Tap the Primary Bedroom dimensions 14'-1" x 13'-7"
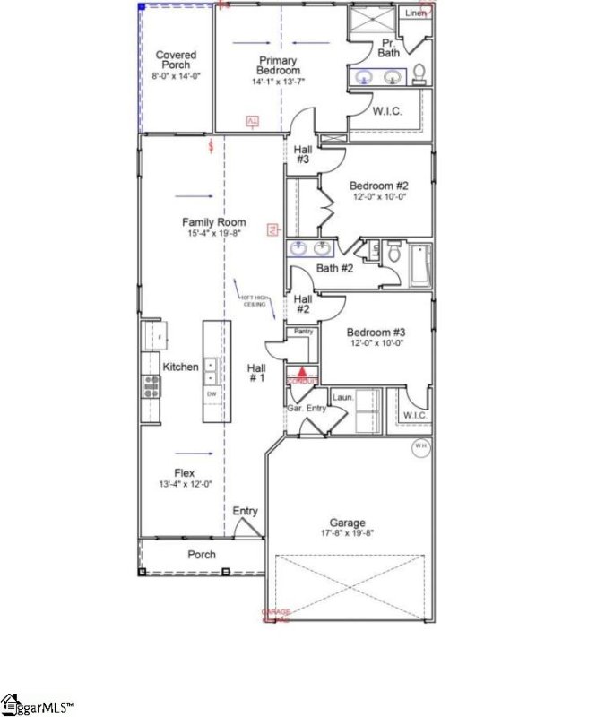(279, 82)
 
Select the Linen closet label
(416, 13)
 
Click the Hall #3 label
(303, 154)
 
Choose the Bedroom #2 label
(377, 186)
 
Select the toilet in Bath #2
(393, 253)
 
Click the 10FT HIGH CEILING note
(254, 300)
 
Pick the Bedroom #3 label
(377, 330)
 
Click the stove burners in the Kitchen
(151, 386)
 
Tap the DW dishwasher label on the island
(212, 394)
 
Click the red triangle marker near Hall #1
(303, 371)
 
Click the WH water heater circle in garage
(421, 445)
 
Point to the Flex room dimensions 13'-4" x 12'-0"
(184, 485)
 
